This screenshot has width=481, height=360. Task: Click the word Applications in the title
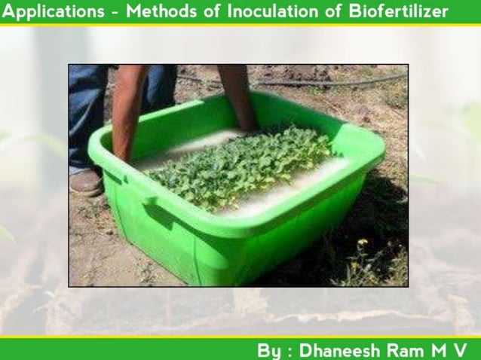coord(53,11)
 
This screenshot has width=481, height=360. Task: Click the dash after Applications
coord(115,12)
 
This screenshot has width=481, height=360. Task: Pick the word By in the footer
coord(269,349)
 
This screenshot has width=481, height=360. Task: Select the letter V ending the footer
coord(461,349)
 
